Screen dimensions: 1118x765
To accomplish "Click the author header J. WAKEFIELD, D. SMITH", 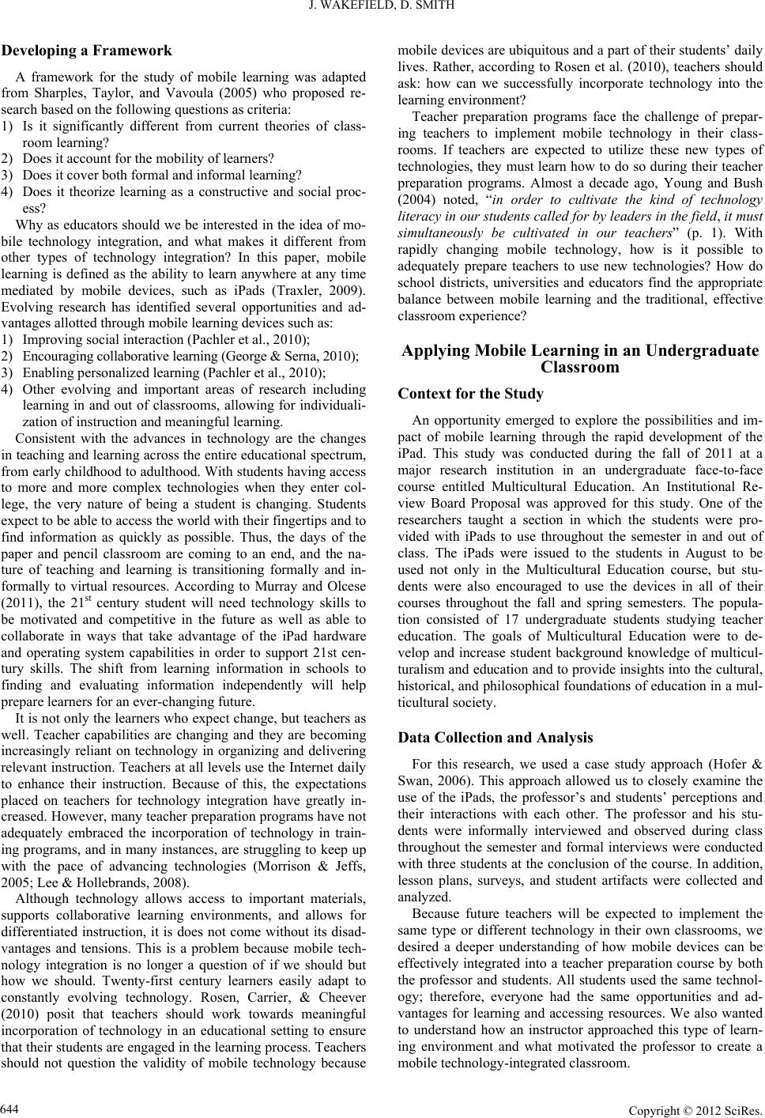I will point(382,10).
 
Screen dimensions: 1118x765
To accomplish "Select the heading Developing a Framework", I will point(87,51).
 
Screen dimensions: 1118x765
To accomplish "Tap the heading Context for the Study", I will point(471,393).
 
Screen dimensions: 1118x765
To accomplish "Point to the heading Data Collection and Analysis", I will point(496,737).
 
